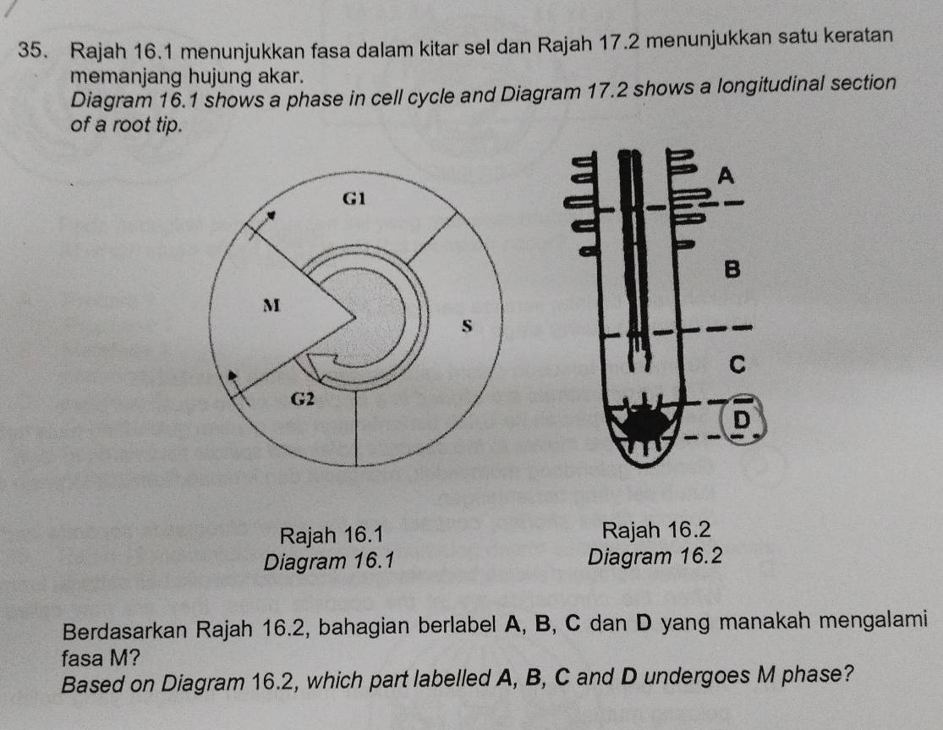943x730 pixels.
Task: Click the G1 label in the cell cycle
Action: [x=354, y=200]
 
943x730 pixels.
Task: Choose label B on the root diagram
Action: [x=732, y=271]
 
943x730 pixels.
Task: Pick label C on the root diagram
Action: [x=736, y=365]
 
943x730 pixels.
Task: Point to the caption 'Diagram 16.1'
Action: [x=330, y=560]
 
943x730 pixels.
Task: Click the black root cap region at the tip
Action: [x=646, y=424]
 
